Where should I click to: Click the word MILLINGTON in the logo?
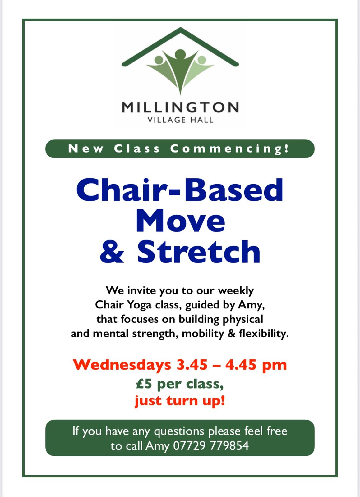point(180,107)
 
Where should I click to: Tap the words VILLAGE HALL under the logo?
point(180,120)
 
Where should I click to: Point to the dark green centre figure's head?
point(180,54)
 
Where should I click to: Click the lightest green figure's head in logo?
point(202,60)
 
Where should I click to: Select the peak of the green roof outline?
point(180,28)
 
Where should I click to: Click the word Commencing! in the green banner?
point(230,148)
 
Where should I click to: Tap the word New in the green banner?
point(86,149)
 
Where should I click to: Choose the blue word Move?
point(180,221)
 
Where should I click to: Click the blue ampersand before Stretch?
point(112,252)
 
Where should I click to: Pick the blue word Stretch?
point(199,252)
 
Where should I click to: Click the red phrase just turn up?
point(180,401)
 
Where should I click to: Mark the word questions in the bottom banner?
point(179,431)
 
